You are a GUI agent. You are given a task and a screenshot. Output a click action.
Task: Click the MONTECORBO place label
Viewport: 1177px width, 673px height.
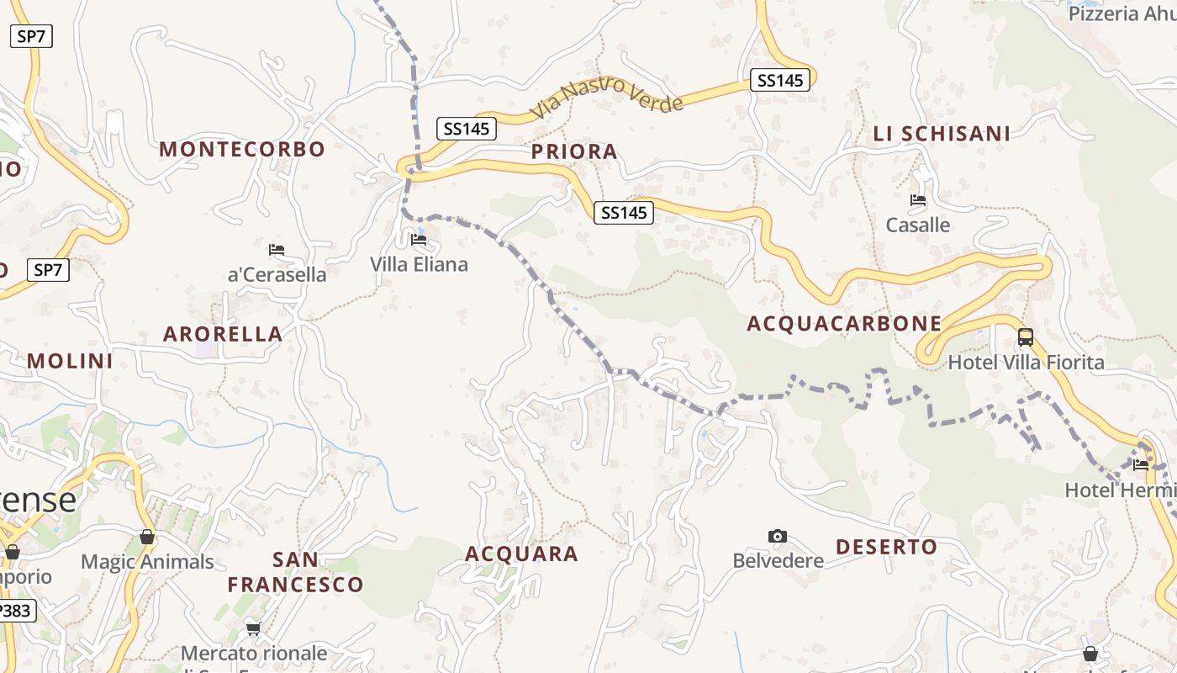click(242, 150)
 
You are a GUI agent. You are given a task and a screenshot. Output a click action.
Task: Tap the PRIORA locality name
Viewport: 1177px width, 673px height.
click(575, 151)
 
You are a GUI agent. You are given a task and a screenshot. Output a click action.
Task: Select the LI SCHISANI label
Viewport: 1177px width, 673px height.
click(942, 134)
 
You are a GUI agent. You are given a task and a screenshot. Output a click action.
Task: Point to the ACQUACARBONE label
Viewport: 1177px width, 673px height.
click(844, 324)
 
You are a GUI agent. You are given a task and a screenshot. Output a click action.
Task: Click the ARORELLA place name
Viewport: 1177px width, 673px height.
click(223, 334)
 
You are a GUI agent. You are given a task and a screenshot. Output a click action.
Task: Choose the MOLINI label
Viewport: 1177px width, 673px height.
click(70, 361)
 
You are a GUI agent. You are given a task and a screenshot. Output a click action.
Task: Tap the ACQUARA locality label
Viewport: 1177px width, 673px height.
click(521, 554)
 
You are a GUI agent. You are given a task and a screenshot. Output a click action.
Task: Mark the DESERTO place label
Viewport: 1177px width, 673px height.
click(886, 547)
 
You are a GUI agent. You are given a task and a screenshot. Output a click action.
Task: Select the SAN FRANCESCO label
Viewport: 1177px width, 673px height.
click(295, 572)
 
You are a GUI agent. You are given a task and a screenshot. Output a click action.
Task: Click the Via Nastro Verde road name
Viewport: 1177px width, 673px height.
click(608, 97)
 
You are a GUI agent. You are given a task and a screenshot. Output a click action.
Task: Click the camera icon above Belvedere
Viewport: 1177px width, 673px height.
click(778, 536)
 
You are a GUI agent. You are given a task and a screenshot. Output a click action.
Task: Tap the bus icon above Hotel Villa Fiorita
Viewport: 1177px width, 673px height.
click(1026, 337)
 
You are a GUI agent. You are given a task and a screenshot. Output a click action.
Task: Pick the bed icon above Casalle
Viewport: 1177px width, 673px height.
click(918, 200)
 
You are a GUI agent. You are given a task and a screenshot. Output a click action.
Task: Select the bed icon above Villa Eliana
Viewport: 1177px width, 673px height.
click(419, 240)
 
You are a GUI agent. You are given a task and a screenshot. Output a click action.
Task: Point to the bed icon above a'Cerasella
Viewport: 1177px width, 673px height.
click(277, 249)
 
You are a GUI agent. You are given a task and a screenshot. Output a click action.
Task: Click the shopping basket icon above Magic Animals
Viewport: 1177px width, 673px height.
click(147, 537)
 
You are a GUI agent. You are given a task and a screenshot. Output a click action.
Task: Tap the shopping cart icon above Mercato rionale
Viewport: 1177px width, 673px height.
click(254, 628)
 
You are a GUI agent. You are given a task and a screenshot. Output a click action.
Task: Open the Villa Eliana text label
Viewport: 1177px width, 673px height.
click(419, 264)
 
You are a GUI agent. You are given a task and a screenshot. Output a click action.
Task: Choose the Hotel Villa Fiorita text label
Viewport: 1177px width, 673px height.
click(1026, 363)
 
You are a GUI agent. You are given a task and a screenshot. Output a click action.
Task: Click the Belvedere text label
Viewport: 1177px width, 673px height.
click(778, 560)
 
